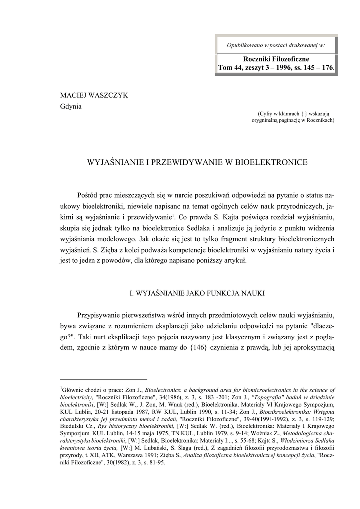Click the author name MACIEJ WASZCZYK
[x=94, y=95]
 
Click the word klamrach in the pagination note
[x=293, y=114]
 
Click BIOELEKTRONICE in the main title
[x=271, y=162]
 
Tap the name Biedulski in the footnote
[x=72, y=425]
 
